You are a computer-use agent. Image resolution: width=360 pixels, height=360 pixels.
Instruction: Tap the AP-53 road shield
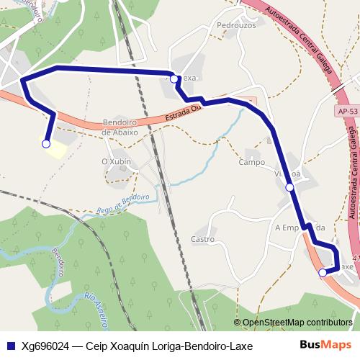[346, 111]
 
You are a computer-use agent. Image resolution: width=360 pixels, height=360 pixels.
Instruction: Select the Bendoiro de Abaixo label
[120, 127]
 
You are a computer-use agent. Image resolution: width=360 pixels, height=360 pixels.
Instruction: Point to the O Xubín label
[116, 161]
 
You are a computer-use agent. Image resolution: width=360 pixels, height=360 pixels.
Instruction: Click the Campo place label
[252, 162]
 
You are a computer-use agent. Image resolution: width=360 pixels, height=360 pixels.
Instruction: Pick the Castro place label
[203, 238]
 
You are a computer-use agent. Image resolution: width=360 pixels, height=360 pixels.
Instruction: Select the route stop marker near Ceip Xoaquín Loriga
[46, 144]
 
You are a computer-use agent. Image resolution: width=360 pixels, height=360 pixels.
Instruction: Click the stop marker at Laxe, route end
[322, 272]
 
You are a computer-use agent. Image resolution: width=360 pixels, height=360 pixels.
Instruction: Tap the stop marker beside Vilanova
[289, 187]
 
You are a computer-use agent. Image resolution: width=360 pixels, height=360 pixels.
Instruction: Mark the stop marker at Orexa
[174, 78]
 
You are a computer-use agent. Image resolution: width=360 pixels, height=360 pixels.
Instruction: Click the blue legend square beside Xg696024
[9, 346]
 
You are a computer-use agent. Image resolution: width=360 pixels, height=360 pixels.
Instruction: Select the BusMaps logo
[325, 345]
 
